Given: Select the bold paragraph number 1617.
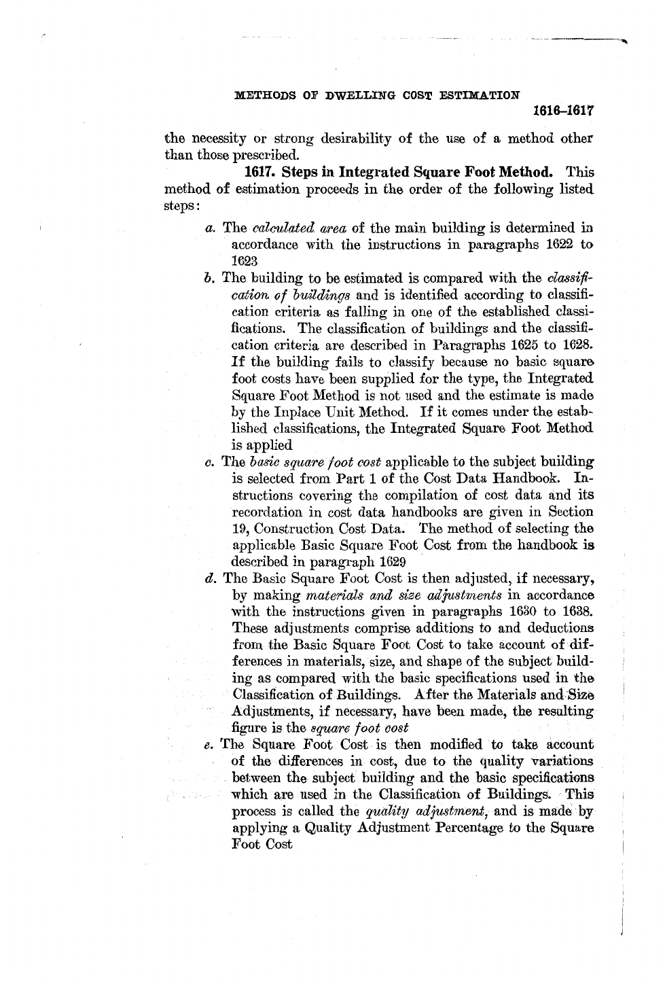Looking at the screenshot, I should click(x=260, y=172).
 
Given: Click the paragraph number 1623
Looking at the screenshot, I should click(x=244, y=261).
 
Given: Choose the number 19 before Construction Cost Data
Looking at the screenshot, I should click(x=240, y=529).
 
